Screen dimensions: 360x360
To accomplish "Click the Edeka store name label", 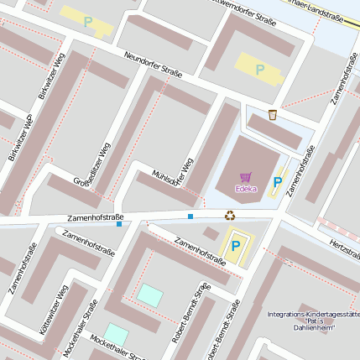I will click(246, 188).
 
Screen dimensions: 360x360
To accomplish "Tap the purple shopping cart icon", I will click(246, 177).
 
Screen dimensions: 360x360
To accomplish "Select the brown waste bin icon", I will click(273, 114).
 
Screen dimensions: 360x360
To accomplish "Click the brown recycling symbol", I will click(229, 215).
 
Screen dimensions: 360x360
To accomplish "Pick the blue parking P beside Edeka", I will click(277, 181).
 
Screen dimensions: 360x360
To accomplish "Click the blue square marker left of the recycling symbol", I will click(190, 217).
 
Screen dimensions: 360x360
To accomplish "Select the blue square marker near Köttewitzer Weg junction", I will click(119, 224).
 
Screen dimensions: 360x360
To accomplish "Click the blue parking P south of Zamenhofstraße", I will click(236, 245).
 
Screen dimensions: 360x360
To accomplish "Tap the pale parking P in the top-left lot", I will click(88, 22).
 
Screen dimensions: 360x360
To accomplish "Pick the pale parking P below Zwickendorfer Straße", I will click(259, 70).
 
